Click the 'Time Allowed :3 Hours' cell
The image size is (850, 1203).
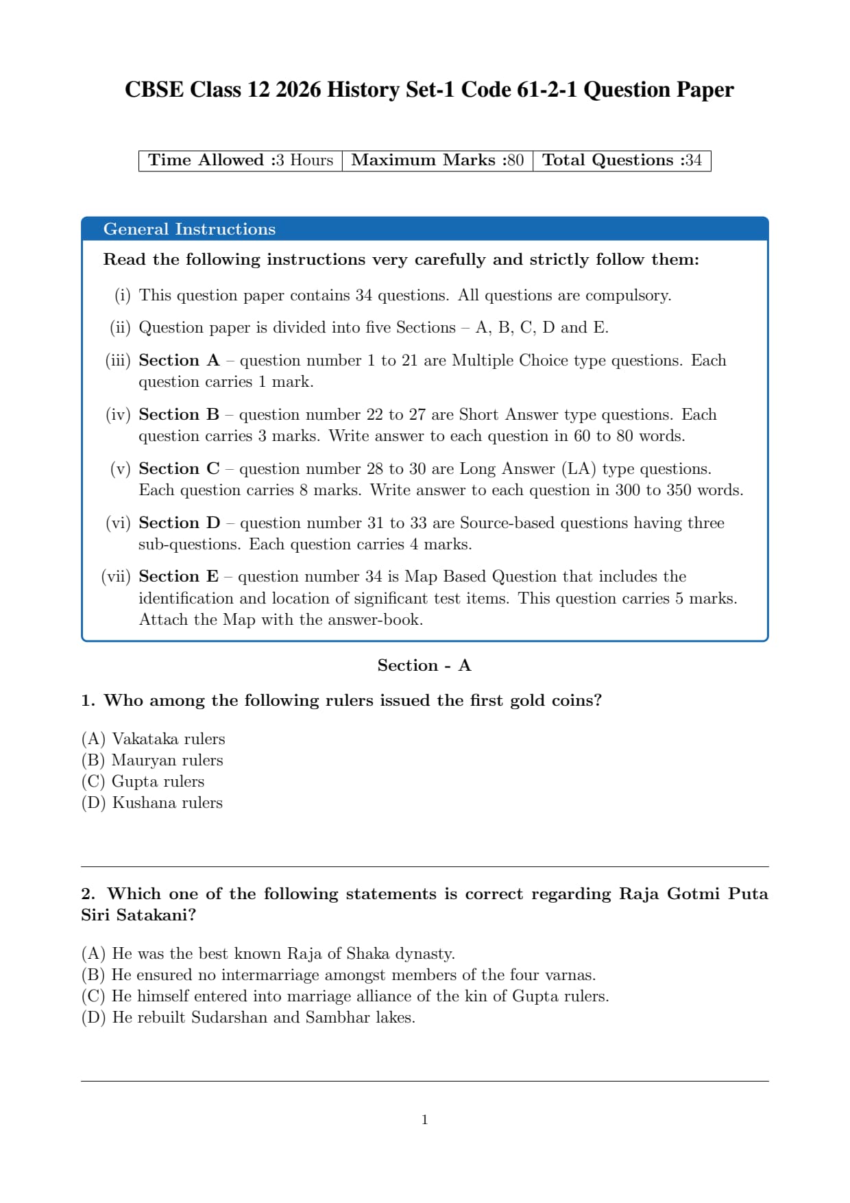(241, 160)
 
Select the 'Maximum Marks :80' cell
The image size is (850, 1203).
(437, 160)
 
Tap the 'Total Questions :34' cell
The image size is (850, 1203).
(622, 160)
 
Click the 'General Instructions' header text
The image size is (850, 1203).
(189, 229)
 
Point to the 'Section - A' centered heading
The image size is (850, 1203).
(424, 665)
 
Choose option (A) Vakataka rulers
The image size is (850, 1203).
(153, 739)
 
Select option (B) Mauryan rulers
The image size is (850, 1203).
(152, 760)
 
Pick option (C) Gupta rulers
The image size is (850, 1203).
(143, 781)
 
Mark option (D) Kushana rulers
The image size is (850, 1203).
(152, 802)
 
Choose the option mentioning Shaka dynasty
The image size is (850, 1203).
(268, 953)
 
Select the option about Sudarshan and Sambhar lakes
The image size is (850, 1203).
(248, 1017)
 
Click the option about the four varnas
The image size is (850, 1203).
(339, 975)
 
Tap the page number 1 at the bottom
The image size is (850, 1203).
(425, 1120)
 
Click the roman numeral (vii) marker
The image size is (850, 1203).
(116, 576)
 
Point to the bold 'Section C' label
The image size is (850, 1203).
(179, 468)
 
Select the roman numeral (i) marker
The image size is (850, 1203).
(122, 295)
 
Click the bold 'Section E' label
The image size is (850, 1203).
(178, 576)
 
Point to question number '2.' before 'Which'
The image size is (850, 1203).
(88, 894)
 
